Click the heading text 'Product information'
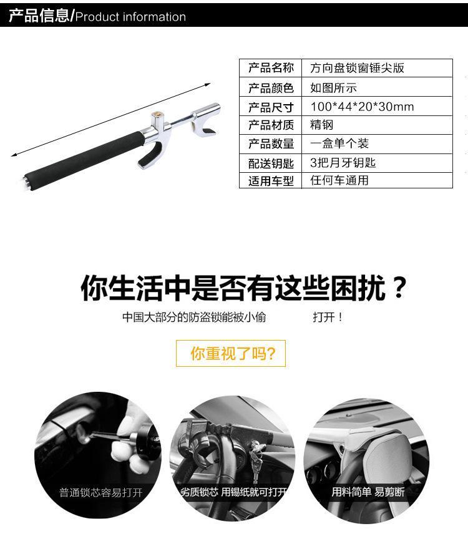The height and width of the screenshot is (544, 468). (130, 17)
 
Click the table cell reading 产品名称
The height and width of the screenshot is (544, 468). (271, 67)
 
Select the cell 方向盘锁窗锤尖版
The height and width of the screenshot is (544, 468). (357, 67)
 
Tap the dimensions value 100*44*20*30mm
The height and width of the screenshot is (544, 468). (362, 107)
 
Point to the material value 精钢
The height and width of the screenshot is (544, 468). (321, 125)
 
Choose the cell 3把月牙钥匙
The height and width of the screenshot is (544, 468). (343, 162)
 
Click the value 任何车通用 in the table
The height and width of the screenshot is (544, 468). (339, 180)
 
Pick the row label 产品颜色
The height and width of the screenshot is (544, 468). (271, 88)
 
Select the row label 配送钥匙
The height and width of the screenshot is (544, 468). (271, 163)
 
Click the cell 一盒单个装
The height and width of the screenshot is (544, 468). (339, 143)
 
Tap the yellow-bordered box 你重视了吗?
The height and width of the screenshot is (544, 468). (231, 353)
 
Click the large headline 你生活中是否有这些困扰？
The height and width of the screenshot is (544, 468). (243, 288)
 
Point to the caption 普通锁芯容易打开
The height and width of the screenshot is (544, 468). (100, 493)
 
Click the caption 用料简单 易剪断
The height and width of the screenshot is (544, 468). (368, 492)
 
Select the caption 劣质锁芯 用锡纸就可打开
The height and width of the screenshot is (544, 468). (233, 492)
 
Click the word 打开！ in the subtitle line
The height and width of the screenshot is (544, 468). (328, 317)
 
